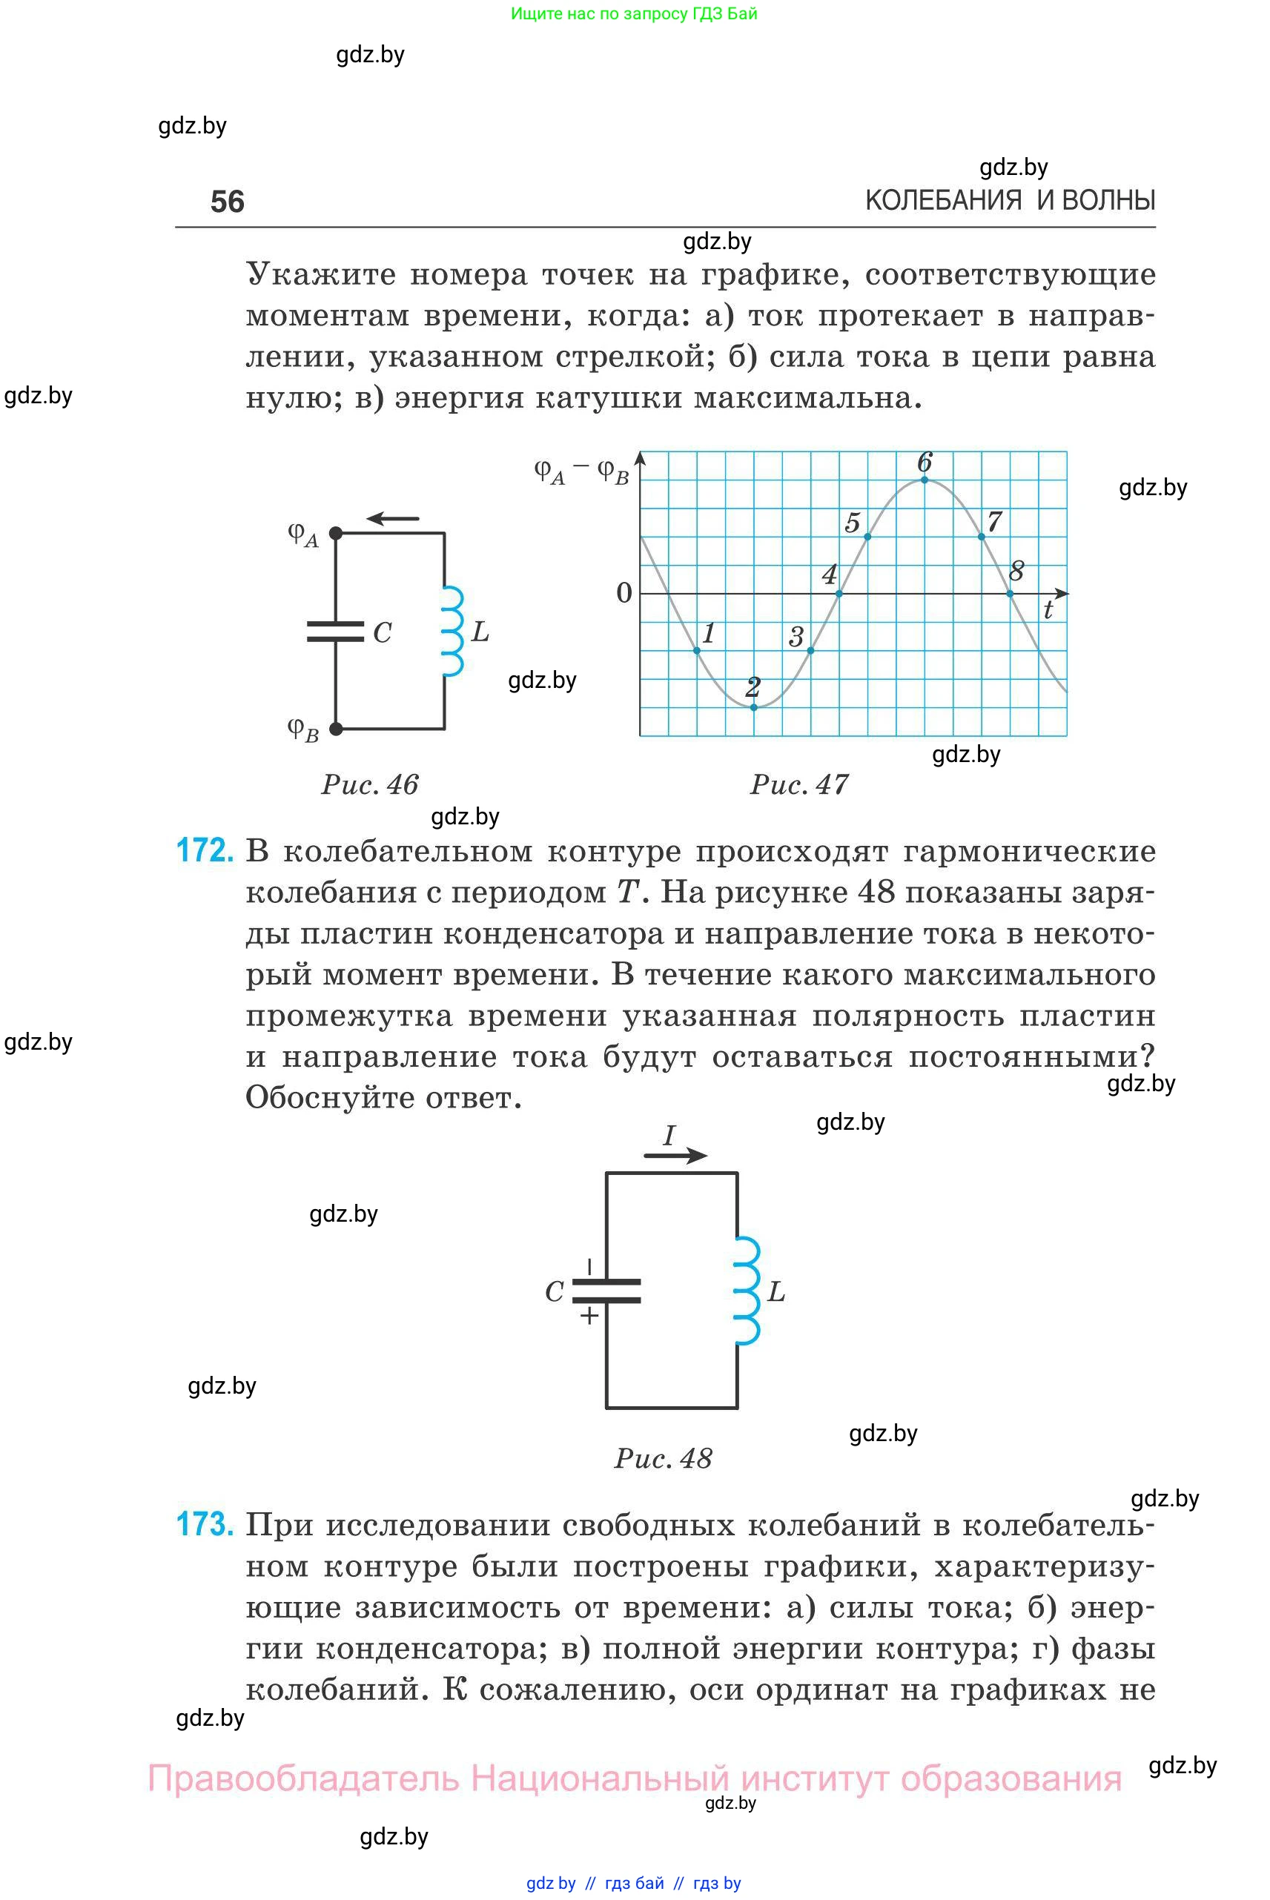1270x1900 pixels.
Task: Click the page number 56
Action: click(227, 202)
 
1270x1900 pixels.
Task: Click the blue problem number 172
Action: click(205, 851)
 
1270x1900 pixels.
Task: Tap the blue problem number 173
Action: click(205, 1524)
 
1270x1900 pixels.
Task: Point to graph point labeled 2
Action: click(754, 707)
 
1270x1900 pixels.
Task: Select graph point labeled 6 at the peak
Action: click(925, 480)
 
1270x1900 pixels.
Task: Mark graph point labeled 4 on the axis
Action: click(839, 594)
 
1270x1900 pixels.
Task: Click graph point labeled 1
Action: click(698, 650)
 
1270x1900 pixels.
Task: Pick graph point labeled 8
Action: click(1010, 594)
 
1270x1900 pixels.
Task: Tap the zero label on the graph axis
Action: click(624, 594)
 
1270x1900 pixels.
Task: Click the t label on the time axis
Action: click(1048, 611)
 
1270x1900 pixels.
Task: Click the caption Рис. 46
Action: click(370, 784)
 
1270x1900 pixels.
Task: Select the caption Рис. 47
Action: click(798, 784)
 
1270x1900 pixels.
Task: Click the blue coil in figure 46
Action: click(452, 632)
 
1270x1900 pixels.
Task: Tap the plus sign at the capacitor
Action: click(589, 1316)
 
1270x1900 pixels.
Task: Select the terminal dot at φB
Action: click(336, 729)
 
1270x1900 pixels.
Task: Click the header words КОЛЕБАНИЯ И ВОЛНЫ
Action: click(1010, 200)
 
